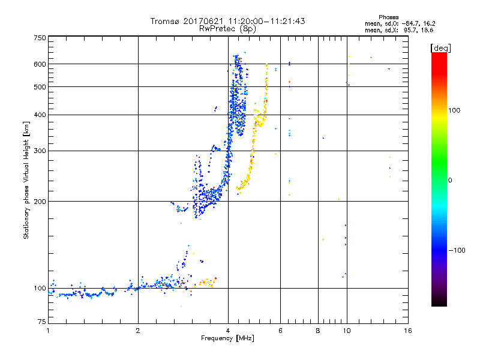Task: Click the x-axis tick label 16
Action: coord(408,331)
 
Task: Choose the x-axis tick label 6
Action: coord(280,331)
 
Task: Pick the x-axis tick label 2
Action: coord(138,331)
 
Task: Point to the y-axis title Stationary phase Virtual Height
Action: coord(26,180)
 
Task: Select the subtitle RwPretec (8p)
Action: coord(228,28)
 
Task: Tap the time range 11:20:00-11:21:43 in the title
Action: coord(268,21)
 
